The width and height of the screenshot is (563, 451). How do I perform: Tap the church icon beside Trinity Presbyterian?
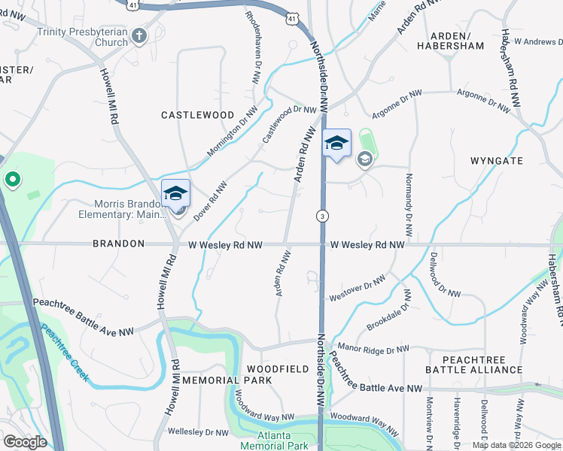point(138,35)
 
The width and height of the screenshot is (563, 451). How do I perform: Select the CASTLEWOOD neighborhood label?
point(198,114)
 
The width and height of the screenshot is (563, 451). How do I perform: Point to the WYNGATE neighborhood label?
point(496,161)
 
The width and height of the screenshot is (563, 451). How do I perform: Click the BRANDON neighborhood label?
point(118,244)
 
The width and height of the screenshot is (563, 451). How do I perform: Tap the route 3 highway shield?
point(322,216)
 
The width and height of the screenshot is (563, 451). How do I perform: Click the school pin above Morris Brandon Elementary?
point(175,194)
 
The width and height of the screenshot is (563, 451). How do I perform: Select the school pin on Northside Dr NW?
point(336,144)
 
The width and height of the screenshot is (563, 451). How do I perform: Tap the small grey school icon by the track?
point(365,159)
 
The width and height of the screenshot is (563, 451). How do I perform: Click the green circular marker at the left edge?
point(12,180)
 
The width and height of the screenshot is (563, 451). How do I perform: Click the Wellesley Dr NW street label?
point(198,432)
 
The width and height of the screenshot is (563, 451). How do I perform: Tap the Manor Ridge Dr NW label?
point(373,350)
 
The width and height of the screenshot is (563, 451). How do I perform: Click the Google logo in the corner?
point(25,442)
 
